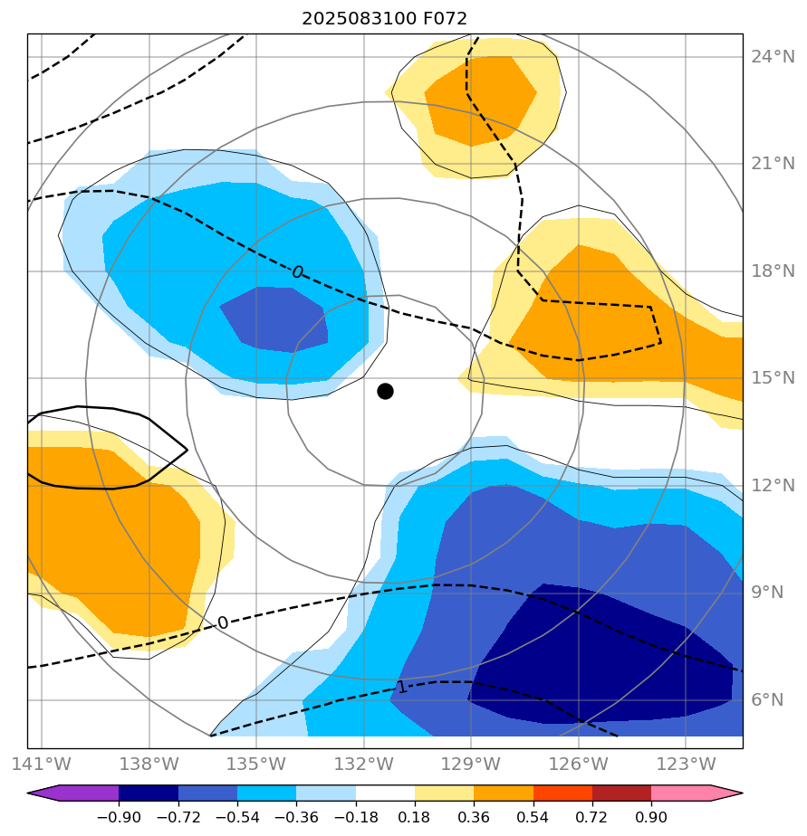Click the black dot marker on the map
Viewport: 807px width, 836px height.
coord(385,391)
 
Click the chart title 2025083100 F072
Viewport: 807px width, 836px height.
coord(385,18)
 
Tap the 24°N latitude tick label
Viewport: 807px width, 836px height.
coord(773,57)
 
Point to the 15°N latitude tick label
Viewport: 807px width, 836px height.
coord(773,378)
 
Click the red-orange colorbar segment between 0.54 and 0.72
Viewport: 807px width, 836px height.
coord(562,793)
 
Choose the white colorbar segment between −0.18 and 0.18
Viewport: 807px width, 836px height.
coord(385,793)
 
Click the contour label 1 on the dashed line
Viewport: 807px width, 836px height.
coord(402,688)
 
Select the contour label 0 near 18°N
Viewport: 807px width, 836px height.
coord(297,272)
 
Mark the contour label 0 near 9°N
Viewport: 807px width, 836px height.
coord(223,623)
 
